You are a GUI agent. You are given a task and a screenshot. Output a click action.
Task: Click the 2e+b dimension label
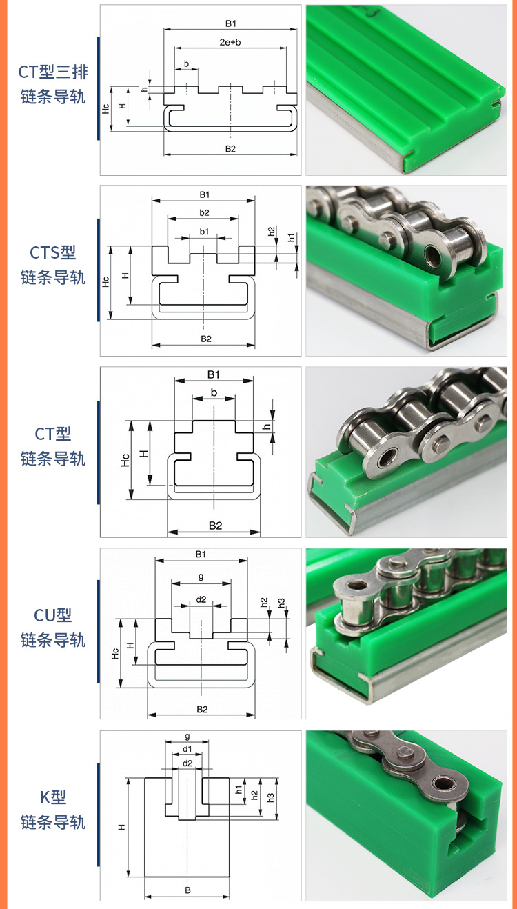point(230,43)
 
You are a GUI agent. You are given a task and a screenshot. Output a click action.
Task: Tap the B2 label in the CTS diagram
point(205,339)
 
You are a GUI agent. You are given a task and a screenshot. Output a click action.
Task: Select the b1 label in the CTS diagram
point(204,232)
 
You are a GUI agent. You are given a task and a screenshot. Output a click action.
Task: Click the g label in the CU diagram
point(201,576)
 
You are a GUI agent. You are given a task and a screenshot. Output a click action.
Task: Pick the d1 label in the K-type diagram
point(187,749)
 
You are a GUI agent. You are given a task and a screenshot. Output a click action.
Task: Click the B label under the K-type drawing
point(187,890)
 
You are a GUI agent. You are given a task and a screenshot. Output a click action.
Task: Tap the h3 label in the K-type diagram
point(271,797)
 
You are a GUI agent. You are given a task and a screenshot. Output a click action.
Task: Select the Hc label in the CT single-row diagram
point(125,460)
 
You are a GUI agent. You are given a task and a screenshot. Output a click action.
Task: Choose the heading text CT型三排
point(53,72)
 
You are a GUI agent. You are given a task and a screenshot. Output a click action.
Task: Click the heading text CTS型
point(53,252)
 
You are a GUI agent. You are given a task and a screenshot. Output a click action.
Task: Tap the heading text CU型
point(53,615)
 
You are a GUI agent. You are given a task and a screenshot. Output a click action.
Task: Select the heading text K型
point(53,797)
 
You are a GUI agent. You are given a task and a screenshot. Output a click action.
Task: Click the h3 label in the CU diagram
point(281,603)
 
